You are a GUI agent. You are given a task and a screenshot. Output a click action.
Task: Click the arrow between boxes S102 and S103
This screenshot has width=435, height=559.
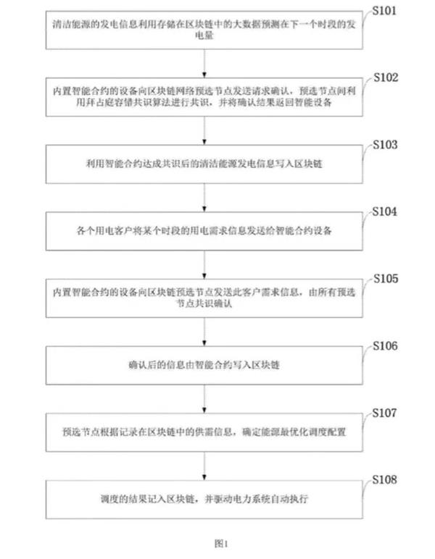tap(207, 130)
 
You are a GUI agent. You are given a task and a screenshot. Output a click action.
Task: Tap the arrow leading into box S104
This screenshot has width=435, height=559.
tap(207, 197)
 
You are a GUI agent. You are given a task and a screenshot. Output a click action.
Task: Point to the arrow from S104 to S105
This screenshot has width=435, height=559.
tap(207, 264)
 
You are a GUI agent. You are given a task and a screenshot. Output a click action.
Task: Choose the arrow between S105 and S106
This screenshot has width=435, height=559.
tap(207, 332)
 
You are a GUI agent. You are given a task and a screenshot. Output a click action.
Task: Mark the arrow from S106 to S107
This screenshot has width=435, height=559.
tap(207, 399)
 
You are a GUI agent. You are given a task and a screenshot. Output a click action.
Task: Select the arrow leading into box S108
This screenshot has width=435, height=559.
tap(207, 466)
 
